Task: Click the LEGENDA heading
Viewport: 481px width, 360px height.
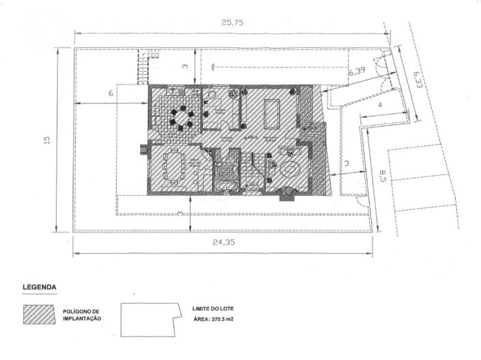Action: coord(39,288)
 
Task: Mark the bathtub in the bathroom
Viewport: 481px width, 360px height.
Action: coord(226,185)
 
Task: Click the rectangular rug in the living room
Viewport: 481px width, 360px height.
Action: coord(274,114)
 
